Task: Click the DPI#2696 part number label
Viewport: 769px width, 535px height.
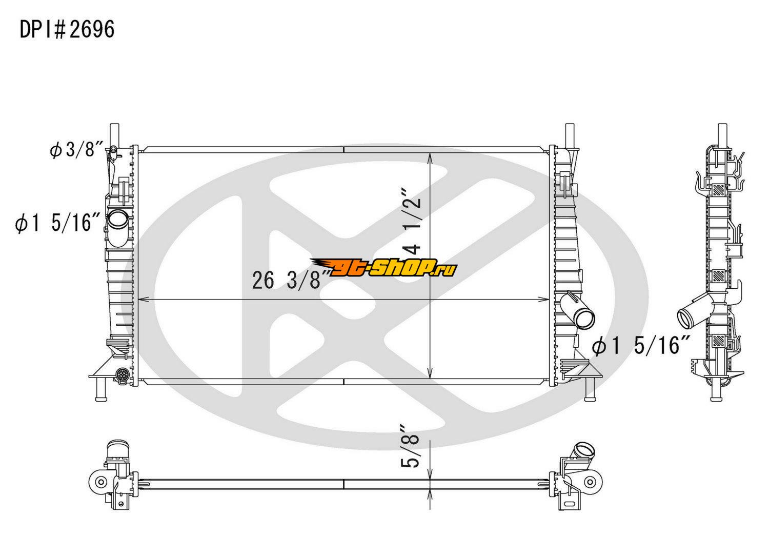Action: click(67, 30)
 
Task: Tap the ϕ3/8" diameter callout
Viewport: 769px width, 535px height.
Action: click(76, 150)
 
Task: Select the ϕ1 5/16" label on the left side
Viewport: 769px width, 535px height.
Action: click(57, 223)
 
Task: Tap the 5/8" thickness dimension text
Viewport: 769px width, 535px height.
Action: click(411, 446)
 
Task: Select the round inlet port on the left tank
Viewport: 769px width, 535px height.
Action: click(118, 218)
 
